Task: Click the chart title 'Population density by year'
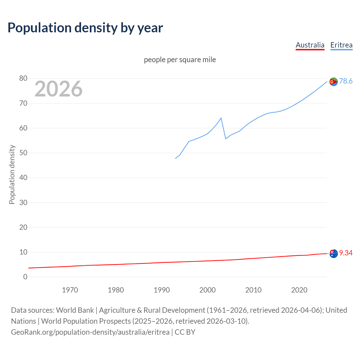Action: point(85,28)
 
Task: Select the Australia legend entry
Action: point(310,45)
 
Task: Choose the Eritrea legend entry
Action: point(341,45)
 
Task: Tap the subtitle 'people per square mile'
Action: point(180,60)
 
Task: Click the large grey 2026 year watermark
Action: point(58,89)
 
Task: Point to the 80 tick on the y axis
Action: point(23,78)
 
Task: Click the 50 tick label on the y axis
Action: point(23,153)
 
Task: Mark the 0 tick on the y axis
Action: point(25,277)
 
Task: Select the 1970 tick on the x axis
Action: point(70,290)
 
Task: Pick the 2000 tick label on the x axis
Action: point(207,290)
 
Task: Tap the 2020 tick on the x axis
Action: point(299,290)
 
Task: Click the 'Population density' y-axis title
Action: point(12,174)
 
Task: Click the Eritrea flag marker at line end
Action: point(334,82)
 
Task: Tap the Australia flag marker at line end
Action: point(334,254)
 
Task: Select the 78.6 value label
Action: point(346,81)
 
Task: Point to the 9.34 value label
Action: point(346,253)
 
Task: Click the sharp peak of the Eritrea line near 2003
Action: point(221,118)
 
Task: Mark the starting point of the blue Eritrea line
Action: point(175,158)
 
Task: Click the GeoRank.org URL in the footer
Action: point(90,332)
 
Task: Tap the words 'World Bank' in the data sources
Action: point(75,310)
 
